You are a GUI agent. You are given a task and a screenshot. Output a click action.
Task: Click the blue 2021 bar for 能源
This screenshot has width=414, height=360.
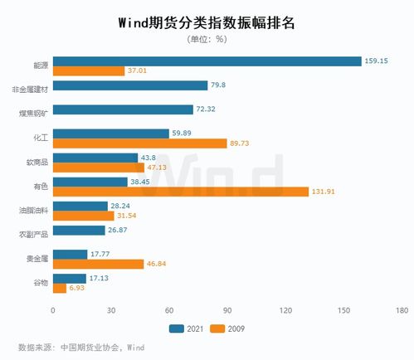pyautogui.click(x=207, y=61)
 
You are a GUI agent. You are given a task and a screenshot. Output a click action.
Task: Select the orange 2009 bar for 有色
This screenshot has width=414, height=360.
pyautogui.click(x=180, y=192)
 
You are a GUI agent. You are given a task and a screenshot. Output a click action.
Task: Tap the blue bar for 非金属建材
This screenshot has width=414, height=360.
pyautogui.click(x=130, y=85)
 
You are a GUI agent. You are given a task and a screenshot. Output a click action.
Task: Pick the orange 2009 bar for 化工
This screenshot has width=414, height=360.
pyautogui.click(x=139, y=144)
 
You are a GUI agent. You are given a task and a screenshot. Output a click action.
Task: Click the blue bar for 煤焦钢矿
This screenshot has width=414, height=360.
pyautogui.click(x=123, y=109)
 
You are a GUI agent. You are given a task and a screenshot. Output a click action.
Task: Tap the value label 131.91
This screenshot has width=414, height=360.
pyautogui.click(x=324, y=192)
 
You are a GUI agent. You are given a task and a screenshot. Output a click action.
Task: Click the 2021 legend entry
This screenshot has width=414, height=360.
pyautogui.click(x=189, y=328)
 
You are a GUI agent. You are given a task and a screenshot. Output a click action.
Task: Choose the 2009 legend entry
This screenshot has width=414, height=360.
pyautogui.click(x=231, y=328)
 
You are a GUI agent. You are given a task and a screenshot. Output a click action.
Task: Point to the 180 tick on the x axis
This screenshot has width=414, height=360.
pyautogui.click(x=402, y=310)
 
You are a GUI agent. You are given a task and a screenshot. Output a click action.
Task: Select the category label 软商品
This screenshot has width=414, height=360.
pyautogui.click(x=38, y=163)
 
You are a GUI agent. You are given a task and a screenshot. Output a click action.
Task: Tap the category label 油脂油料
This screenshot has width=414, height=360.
pyautogui.click(x=34, y=211)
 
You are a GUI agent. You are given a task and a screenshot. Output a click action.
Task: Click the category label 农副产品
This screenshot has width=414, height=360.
pyautogui.click(x=34, y=235)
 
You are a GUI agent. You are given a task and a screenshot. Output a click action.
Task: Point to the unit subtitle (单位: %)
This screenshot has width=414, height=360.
pyautogui.click(x=207, y=38)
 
